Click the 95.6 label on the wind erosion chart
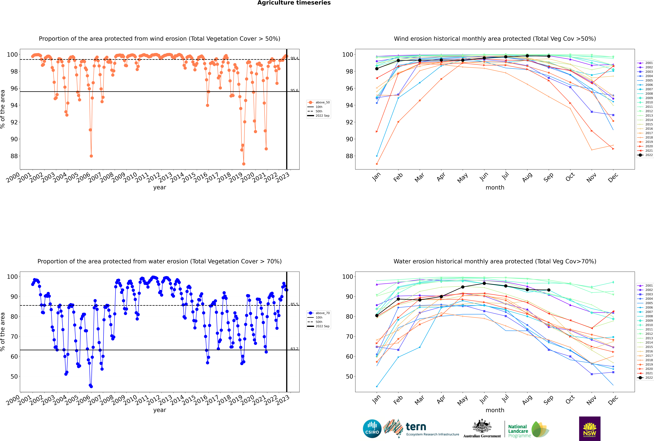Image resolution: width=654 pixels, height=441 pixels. (294, 90)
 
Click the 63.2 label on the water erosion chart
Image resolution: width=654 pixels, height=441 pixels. (294, 349)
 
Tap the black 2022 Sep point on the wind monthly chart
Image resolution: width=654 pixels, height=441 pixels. (549, 56)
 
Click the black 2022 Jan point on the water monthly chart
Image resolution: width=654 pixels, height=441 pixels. (377, 316)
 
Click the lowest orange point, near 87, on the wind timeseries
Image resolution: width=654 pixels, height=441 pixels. (244, 164)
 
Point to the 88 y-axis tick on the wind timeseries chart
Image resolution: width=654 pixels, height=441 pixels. (14, 156)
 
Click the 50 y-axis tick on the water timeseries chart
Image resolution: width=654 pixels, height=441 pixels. (14, 376)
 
